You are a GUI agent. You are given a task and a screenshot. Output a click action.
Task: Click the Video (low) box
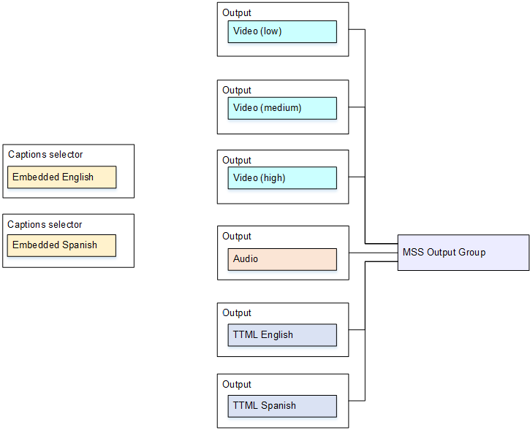click(281, 31)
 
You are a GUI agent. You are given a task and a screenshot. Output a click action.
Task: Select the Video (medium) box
click(281, 108)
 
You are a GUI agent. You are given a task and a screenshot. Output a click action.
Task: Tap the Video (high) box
click(281, 178)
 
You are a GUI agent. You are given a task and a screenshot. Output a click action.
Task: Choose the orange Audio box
click(281, 259)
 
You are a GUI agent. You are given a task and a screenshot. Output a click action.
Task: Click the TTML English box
click(281, 335)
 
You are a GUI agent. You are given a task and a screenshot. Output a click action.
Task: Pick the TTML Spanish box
click(281, 406)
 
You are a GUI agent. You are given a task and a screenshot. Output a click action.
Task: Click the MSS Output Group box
click(463, 253)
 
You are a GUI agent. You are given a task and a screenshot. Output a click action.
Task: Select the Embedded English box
click(61, 177)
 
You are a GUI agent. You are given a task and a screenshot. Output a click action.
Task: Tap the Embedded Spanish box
click(61, 245)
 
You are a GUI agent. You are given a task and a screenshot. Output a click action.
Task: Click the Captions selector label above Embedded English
click(45, 155)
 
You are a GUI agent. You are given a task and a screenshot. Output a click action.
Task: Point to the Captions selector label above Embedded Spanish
click(45, 225)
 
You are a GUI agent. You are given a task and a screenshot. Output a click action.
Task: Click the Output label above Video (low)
click(237, 13)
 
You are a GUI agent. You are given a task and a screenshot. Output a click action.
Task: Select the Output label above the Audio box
click(237, 237)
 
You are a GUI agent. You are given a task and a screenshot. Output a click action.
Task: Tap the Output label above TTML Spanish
click(237, 385)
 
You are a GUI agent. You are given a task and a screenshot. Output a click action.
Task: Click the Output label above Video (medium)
click(237, 91)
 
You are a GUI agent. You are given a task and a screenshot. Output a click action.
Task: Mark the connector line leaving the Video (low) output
click(357, 30)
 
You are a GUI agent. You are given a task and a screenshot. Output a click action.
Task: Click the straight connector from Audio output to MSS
click(373, 253)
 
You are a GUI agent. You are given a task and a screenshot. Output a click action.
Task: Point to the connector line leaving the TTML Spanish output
click(357, 401)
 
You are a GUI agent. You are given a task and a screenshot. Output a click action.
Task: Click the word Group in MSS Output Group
click(471, 253)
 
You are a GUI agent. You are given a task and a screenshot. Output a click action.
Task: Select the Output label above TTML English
click(237, 313)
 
